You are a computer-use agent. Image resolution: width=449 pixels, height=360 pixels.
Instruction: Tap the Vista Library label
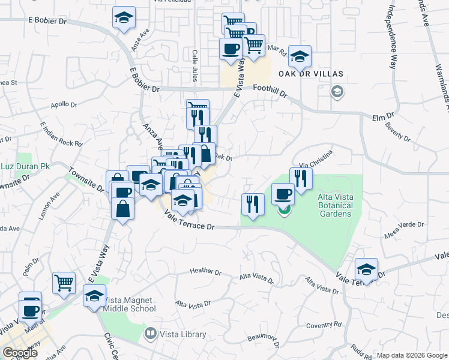tap(182, 335)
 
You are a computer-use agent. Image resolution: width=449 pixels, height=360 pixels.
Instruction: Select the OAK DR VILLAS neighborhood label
tap(311, 74)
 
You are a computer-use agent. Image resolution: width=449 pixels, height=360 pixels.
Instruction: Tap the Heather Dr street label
tap(206, 271)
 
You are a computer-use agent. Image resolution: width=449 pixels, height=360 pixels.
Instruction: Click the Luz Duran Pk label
tap(25, 166)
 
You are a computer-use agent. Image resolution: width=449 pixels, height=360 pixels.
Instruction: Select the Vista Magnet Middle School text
tap(130, 304)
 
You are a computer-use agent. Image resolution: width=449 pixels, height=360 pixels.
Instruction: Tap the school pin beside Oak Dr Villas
tap(300, 56)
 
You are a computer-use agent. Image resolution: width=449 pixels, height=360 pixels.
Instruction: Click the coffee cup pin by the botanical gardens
tap(283, 193)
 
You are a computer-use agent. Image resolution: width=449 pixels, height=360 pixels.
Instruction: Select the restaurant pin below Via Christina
tap(301, 178)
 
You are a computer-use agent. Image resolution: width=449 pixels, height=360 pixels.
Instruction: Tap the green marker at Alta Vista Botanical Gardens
tap(284, 211)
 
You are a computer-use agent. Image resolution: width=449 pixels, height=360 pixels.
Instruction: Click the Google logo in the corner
tap(20, 353)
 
